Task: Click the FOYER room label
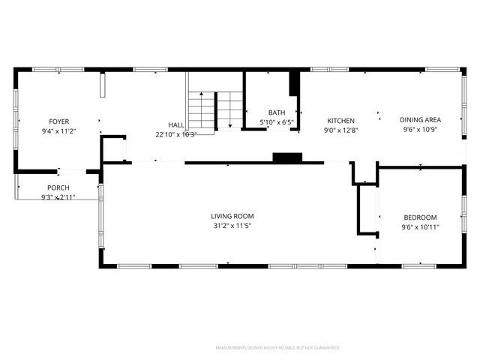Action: [59, 121]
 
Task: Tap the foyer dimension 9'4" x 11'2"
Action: [59, 130]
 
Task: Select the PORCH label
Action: [58, 187]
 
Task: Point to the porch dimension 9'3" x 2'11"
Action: [58, 196]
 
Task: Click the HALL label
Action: [176, 125]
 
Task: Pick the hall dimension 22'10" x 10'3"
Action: [176, 134]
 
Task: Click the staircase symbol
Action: [214, 111]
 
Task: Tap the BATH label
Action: [277, 113]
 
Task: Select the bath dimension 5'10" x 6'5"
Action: [277, 122]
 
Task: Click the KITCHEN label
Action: [340, 121]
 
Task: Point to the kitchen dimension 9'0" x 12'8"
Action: [340, 130]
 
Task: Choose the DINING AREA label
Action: [420, 120]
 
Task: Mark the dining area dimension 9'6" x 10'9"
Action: [420, 129]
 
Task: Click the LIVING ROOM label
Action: [231, 216]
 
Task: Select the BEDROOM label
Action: [420, 217]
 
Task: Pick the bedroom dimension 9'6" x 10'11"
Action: [420, 226]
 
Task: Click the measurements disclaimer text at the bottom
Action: [277, 348]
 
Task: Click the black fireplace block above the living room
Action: [286, 157]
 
